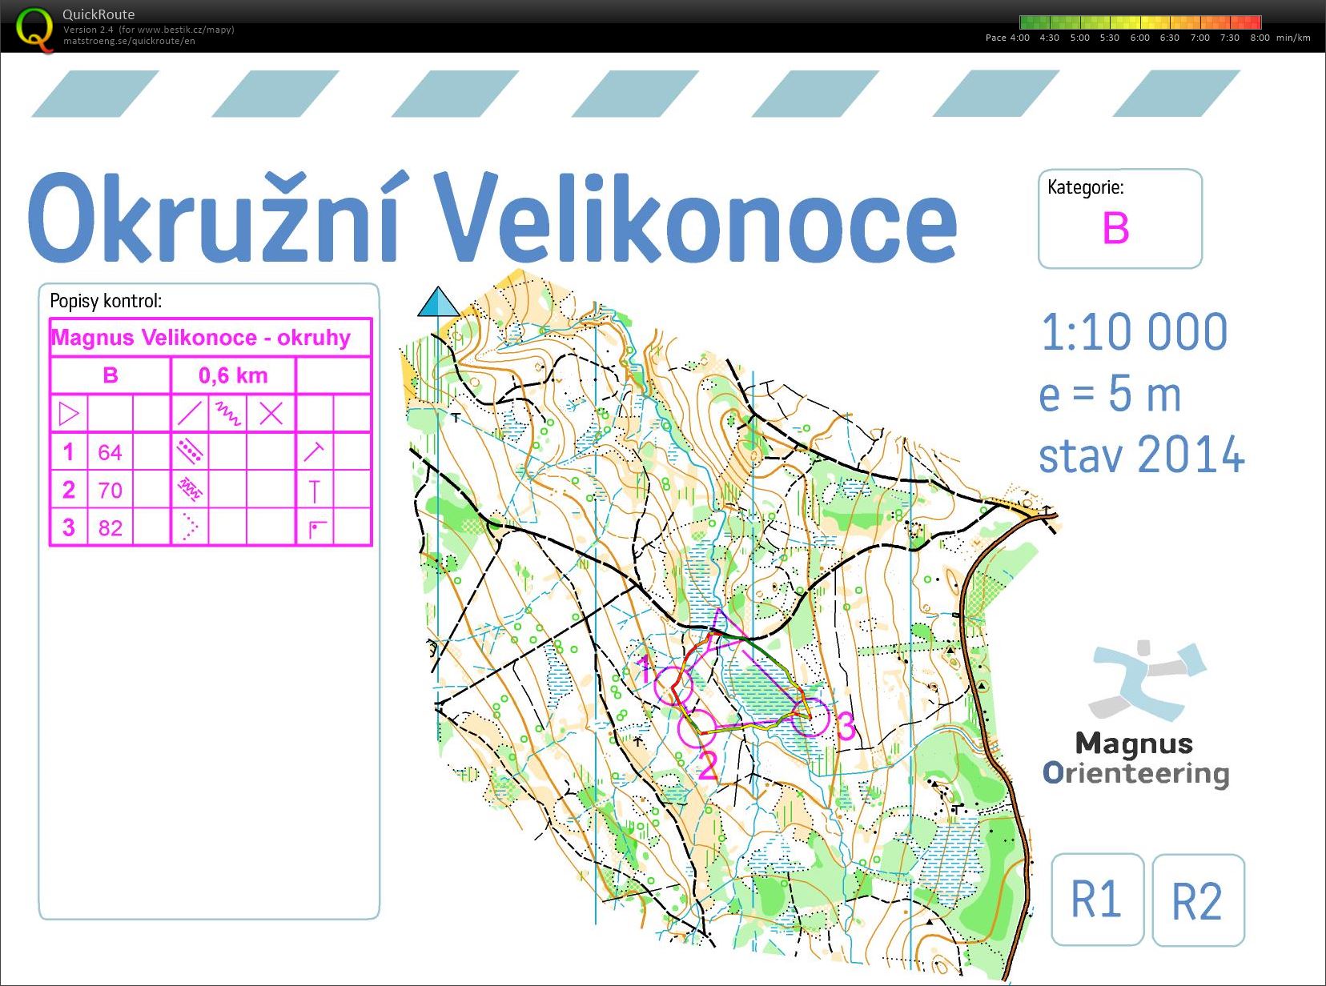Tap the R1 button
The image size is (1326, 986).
1096,900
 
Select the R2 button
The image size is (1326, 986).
1197,901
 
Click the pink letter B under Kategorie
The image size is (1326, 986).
1115,229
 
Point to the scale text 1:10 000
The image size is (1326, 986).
1134,332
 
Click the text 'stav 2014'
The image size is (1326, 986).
1141,455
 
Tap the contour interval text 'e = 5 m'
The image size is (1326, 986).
1110,395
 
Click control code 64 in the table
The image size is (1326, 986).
110,453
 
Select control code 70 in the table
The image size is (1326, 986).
110,491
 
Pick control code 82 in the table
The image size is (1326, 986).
110,528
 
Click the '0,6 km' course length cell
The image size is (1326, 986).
233,375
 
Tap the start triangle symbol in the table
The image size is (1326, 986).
69,414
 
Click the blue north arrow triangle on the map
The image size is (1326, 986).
438,303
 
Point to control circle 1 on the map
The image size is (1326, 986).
673,685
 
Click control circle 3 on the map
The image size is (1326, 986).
810,717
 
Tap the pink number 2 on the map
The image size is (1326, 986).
707,766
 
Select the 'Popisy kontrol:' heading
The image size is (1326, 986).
106,302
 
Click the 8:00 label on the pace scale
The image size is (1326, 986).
1260,38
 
